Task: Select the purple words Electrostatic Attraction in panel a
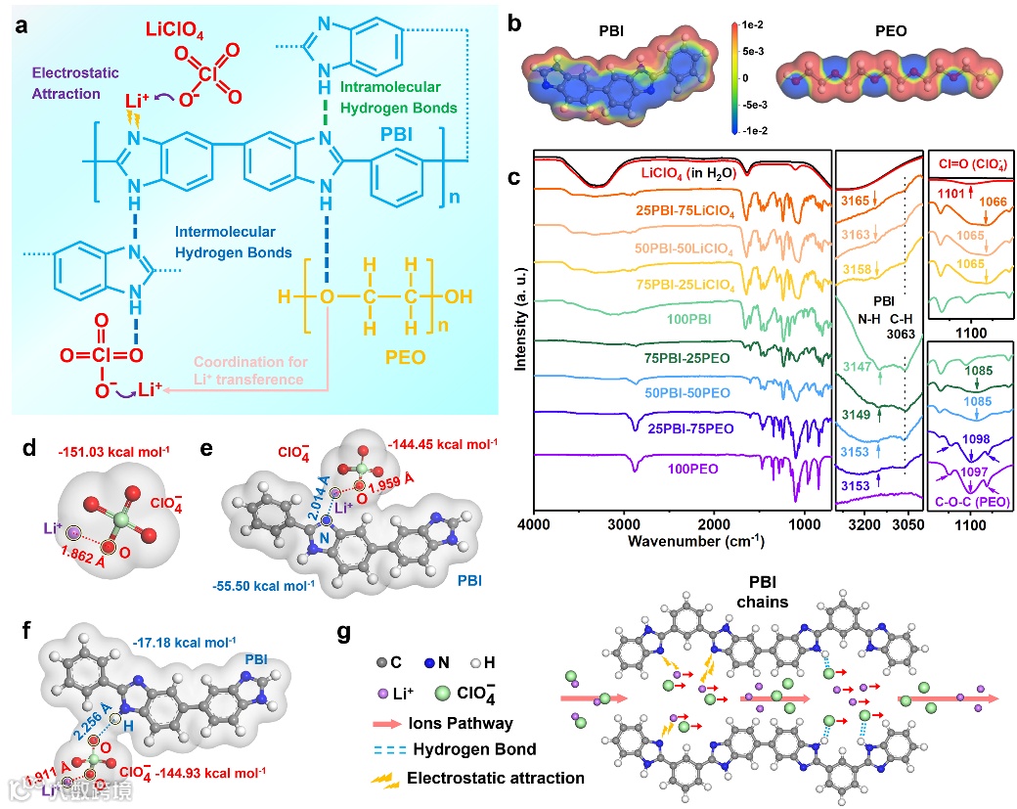pyautogui.click(x=66, y=83)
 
